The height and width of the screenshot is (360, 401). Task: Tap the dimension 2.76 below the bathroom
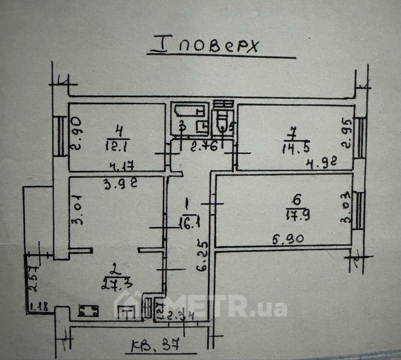click(203, 147)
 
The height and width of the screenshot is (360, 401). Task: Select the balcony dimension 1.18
click(39, 307)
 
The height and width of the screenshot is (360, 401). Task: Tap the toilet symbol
click(223, 122)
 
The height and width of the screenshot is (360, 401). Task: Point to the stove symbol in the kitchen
click(89, 311)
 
